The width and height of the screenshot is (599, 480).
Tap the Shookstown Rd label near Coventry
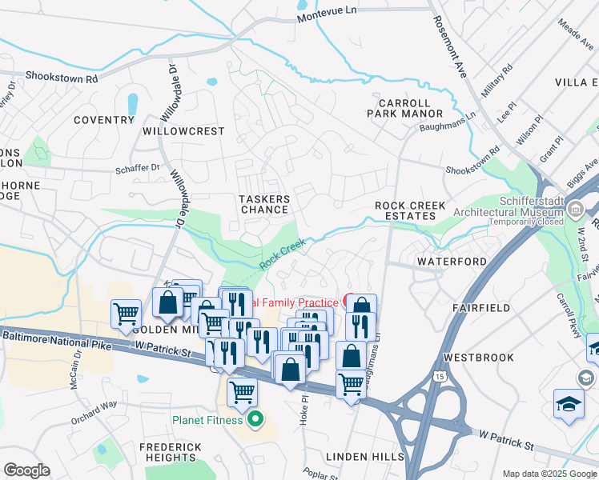click(61, 78)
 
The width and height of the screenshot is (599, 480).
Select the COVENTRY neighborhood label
click(103, 120)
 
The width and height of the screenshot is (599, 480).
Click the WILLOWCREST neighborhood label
click(183, 130)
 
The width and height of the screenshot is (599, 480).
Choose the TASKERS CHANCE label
click(264, 204)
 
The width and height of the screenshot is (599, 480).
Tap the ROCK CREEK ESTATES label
click(411, 211)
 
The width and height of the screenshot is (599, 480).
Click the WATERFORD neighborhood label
click(452, 262)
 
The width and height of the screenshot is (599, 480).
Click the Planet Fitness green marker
click(256, 419)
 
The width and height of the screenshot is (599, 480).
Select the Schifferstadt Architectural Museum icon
click(574, 210)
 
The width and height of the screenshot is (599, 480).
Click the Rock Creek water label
click(283, 254)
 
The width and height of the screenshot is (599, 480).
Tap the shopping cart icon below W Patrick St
click(242, 393)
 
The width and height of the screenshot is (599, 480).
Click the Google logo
click(26, 470)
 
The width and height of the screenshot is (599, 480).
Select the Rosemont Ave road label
click(450, 53)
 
